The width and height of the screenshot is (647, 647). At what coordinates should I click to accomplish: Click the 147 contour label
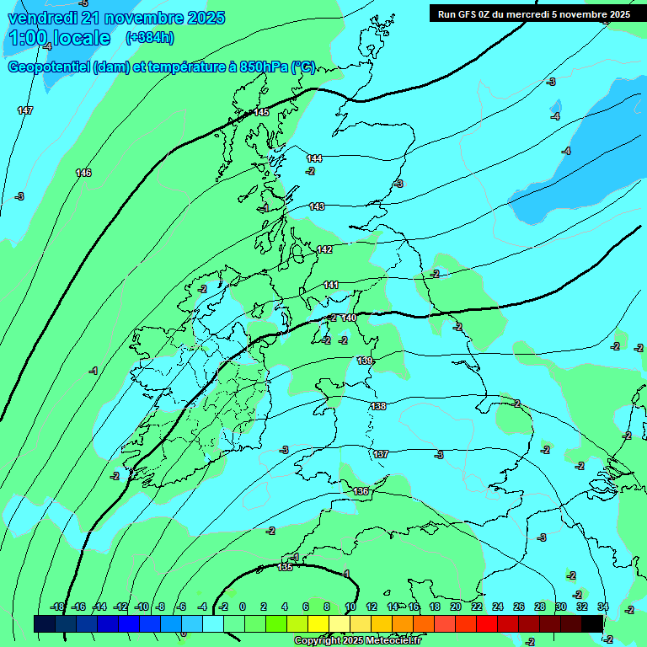point(25,110)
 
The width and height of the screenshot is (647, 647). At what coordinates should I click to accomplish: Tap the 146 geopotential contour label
point(83,173)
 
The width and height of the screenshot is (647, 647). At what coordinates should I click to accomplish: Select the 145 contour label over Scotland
point(261,112)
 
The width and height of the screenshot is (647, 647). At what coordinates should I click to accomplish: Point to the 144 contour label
point(314,158)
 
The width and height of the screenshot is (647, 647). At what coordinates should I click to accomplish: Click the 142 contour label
point(324,250)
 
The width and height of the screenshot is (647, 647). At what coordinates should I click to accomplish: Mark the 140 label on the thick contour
point(349,318)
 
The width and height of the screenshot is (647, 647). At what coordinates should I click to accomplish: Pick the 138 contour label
point(378,406)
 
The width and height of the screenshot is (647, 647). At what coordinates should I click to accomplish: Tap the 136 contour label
point(361,491)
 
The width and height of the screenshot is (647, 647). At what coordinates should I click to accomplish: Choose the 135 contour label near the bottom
point(286,567)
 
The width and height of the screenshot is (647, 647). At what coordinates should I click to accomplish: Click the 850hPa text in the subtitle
point(259,68)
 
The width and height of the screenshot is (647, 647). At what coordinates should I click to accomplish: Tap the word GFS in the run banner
point(468,14)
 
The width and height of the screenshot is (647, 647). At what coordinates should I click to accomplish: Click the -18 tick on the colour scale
point(58,607)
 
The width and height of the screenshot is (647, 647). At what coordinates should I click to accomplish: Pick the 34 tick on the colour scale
point(603,607)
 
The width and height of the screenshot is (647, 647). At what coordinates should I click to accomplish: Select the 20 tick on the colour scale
point(456,607)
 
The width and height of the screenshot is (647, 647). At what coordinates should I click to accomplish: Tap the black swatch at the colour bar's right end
point(592,623)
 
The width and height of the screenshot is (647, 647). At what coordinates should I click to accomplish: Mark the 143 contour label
point(317,206)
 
